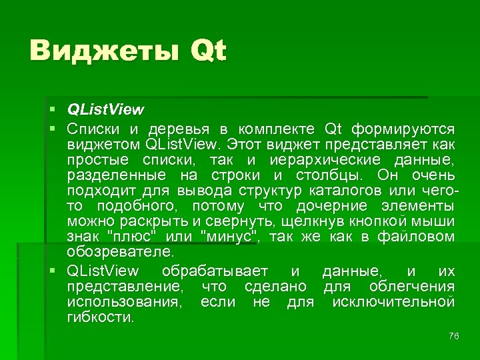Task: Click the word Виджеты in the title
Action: tap(103, 51)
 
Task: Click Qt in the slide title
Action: tap(208, 51)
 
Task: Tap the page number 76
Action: tap(454, 336)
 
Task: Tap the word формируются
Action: tap(404, 127)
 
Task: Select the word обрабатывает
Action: tap(214, 271)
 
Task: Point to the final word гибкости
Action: tap(100, 319)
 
